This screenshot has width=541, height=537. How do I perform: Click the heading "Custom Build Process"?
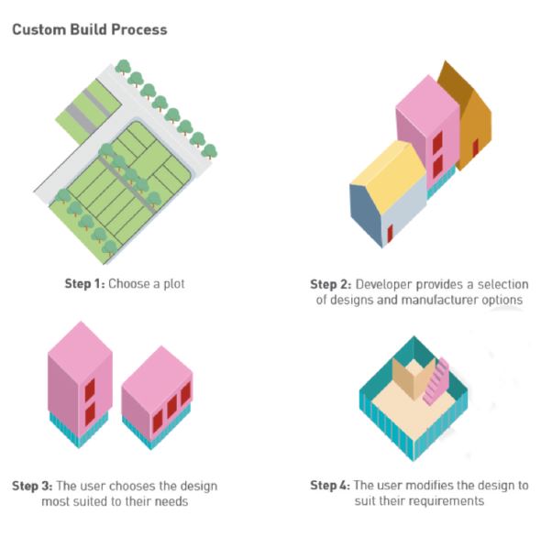point(90,30)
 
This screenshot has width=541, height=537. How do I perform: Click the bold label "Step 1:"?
point(84,284)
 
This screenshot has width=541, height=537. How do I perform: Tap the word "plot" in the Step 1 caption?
point(174,284)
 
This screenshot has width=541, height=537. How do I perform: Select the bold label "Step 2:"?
point(330,285)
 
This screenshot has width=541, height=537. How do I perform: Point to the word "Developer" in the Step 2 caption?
point(383,285)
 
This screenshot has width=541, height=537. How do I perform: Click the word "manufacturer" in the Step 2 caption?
point(440,300)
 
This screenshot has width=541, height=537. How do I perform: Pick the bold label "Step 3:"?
point(32,487)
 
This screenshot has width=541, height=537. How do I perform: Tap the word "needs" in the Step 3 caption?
point(171,501)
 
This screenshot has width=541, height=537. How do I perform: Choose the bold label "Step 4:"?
point(330,486)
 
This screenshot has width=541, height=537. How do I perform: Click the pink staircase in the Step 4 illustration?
point(436,381)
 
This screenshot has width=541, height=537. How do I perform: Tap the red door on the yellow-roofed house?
point(390,233)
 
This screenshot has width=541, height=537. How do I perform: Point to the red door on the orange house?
point(475,148)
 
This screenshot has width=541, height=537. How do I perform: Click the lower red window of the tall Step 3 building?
point(90,414)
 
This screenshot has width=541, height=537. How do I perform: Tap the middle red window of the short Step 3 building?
point(171,407)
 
